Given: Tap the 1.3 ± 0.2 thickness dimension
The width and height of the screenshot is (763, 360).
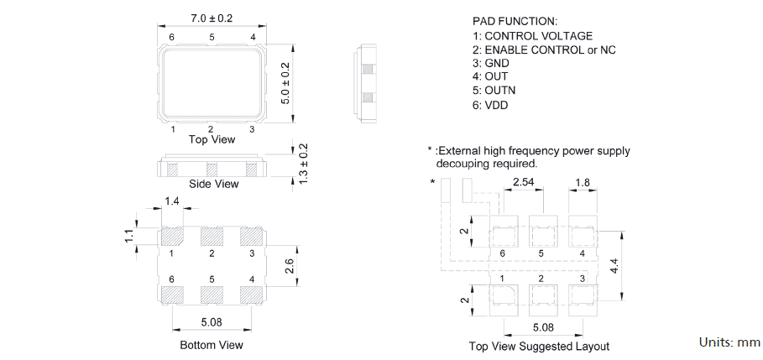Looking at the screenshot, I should coord(303,164).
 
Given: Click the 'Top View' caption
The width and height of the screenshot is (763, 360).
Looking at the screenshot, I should coord(211,139).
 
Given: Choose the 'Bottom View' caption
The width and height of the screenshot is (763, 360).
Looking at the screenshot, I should coord(212,345).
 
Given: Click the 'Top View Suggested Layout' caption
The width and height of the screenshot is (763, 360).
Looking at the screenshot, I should coord(539,346).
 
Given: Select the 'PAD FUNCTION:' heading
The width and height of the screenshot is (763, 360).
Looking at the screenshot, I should coord(515,20).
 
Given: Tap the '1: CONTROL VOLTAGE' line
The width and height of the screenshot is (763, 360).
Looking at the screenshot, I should coord(532,36).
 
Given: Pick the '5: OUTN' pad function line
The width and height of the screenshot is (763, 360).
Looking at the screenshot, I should coord(494,91).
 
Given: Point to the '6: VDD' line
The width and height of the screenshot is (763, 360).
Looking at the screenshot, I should coord(490,105).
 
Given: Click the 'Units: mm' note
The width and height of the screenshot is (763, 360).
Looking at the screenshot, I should coord(729,342).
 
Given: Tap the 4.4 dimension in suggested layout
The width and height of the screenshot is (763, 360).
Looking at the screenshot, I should coord(614,267).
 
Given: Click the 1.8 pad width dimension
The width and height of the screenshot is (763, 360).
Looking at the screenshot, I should coord(582,182).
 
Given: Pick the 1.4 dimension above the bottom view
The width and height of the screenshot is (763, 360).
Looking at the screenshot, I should coord(172,201).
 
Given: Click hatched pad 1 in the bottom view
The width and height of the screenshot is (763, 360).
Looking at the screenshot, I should coord(172,237).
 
